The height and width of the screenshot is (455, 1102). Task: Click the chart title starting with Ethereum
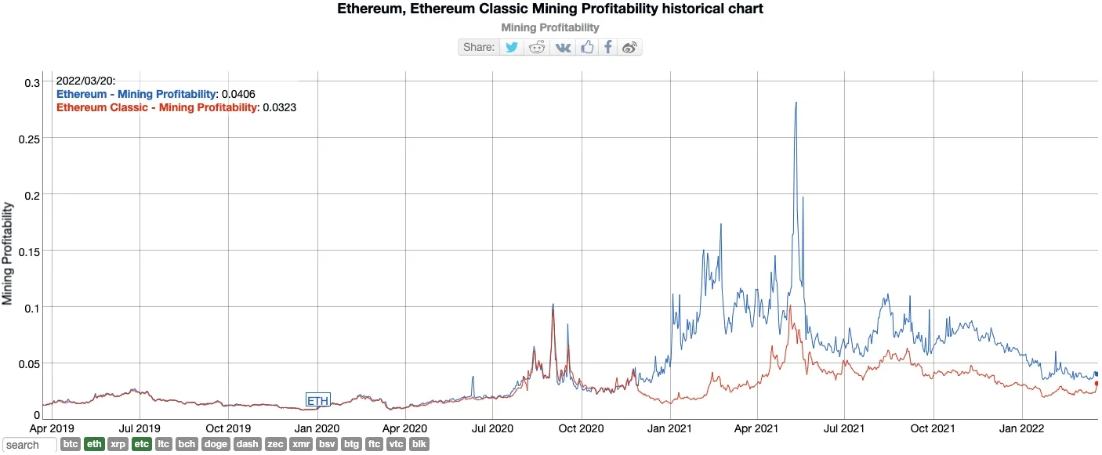549,9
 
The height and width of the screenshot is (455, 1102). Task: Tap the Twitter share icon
512,47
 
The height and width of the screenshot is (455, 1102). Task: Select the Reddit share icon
537,47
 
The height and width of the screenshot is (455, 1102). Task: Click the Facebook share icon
608,47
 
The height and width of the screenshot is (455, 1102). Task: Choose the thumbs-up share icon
587,47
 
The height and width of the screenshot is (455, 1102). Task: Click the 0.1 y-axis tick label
33,308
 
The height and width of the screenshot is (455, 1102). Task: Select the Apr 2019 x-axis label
52,428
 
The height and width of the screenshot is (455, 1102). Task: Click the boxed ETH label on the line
317,401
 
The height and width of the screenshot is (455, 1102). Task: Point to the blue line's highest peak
796,103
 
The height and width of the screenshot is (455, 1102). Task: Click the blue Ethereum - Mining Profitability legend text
136,94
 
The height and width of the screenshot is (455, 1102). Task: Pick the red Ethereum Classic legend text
157,107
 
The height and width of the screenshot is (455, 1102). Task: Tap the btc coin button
71,445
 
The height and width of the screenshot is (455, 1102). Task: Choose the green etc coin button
142,445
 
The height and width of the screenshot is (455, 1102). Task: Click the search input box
29,445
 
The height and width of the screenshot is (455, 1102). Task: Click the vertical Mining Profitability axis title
8,253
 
